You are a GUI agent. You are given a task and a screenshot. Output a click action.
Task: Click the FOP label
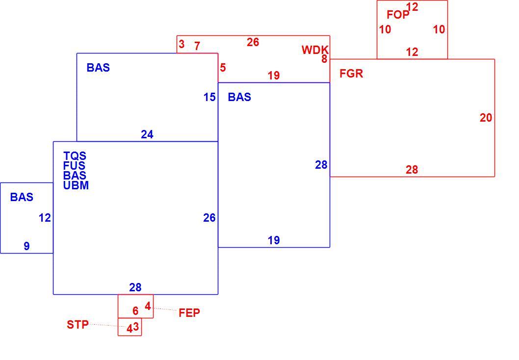pos(398,15)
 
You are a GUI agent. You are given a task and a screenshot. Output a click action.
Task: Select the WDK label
pos(315,50)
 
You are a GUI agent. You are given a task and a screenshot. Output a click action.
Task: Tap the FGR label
pos(351,74)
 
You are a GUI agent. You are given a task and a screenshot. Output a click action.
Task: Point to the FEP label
pos(189,313)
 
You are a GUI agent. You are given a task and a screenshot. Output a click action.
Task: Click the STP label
pos(78,325)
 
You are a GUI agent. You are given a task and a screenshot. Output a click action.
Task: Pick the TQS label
pos(75,156)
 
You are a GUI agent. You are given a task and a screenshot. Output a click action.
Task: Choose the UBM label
pos(76,185)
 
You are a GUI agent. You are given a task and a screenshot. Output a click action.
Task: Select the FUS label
pos(74,165)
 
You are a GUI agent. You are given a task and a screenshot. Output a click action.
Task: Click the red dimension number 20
pos(486,118)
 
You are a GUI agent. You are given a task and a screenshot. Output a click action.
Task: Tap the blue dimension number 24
pos(147,134)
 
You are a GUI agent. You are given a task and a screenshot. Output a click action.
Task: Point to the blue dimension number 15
pos(209,97)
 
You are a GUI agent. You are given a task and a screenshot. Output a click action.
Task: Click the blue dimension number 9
pos(26,246)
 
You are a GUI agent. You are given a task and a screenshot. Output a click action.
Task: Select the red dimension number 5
pos(223,68)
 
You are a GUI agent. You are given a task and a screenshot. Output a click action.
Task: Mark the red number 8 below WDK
pos(324,59)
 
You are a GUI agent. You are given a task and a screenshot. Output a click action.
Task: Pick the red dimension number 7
pos(197,46)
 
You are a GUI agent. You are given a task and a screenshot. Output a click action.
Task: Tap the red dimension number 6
pos(135,311)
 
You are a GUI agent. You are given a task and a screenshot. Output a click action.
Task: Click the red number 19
pos(274,76)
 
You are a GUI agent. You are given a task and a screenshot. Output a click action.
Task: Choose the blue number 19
pos(274,240)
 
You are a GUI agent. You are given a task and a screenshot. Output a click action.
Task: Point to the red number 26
pos(253,42)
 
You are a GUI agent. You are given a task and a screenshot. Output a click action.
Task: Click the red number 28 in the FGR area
pos(412,170)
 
